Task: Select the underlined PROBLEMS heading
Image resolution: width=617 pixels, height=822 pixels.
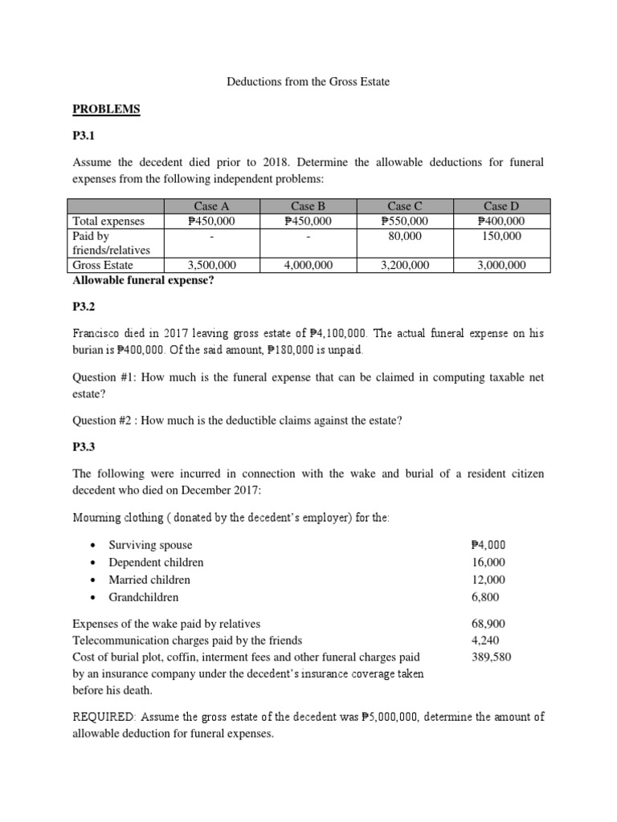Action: [x=107, y=108]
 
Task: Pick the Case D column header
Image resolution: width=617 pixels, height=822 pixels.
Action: [x=501, y=207]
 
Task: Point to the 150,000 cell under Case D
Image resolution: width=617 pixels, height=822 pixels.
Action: [x=501, y=236]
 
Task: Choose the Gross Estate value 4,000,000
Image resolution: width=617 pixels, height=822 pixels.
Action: [x=308, y=265]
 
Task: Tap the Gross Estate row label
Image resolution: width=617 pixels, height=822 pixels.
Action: [x=103, y=265]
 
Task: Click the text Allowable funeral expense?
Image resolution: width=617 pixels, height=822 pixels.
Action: [x=143, y=279]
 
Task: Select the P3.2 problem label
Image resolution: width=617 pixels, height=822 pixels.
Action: [x=86, y=306]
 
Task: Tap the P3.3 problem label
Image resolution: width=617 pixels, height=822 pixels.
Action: [x=86, y=447]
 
